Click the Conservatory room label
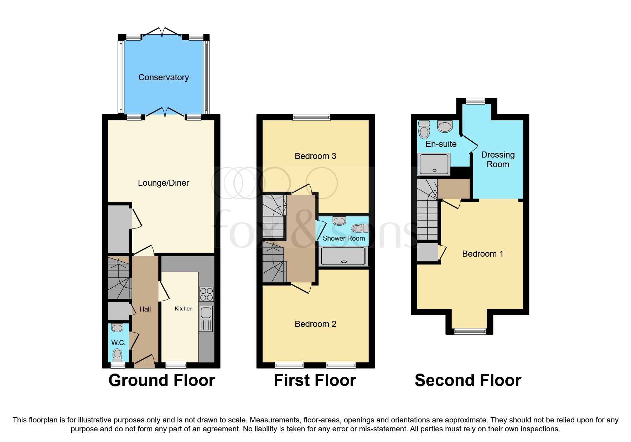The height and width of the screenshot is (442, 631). [x=164, y=77]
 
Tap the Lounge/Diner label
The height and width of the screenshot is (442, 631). [x=163, y=183]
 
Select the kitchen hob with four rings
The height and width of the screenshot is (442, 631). [x=206, y=294]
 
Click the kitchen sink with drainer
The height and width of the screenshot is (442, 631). [x=206, y=318]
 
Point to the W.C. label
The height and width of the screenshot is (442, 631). [x=118, y=343]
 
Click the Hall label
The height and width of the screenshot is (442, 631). [x=145, y=309]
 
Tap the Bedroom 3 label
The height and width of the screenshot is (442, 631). [x=315, y=156]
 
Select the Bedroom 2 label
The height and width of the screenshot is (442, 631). [x=315, y=324]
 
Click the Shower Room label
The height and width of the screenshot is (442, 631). [x=343, y=238]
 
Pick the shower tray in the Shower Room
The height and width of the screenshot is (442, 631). [x=343, y=256]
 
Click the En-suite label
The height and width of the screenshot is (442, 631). [x=441, y=144]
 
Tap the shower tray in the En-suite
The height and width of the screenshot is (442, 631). [x=434, y=164]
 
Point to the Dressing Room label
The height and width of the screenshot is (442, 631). [x=498, y=159]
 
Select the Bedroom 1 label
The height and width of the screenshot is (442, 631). [x=482, y=254]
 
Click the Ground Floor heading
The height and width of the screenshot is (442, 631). [x=162, y=380]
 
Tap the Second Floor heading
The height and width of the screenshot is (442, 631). [x=468, y=380]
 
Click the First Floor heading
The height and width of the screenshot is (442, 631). [x=315, y=380]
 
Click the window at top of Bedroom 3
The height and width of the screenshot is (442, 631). [x=311, y=117]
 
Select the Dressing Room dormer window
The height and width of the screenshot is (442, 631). [x=475, y=101]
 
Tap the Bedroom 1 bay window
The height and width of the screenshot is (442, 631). [x=470, y=331]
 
